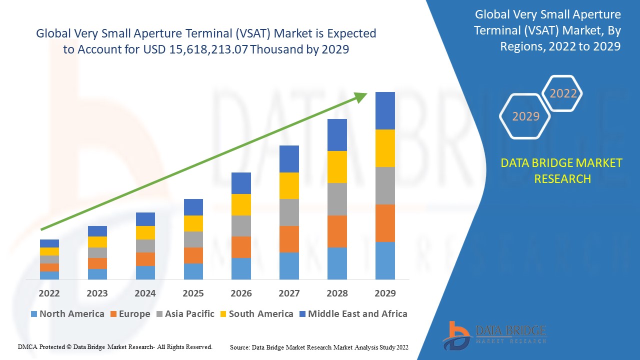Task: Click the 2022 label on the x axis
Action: point(49,293)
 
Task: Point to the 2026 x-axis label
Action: point(241,293)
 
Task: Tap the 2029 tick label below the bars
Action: point(385,293)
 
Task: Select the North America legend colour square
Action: point(34,314)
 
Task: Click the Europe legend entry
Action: point(129,314)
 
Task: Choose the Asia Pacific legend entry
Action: point(185,314)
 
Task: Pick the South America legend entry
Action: point(256,314)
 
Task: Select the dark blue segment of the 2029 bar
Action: point(385,110)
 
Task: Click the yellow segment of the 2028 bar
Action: point(337,166)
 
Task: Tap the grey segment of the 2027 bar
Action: point(289,212)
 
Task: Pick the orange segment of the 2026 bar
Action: point(241,247)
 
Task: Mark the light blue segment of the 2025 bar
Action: point(193,271)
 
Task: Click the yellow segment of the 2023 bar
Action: point(97,242)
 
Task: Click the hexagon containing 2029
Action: point(525,116)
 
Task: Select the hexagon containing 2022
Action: point(563,93)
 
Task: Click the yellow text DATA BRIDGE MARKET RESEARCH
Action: point(562,170)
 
